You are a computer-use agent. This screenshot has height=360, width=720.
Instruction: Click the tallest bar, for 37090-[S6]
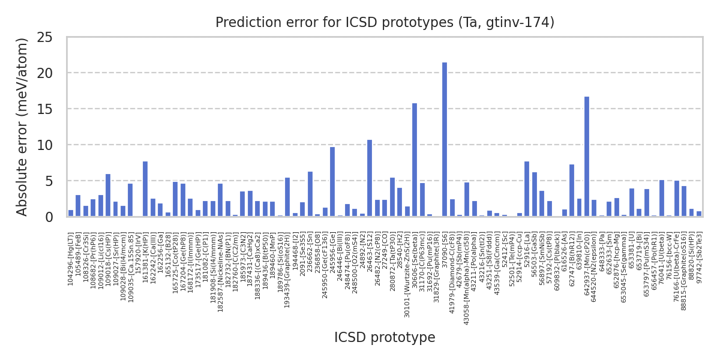coord(445,139)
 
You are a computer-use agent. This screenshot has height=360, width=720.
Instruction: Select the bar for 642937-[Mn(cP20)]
coord(587,157)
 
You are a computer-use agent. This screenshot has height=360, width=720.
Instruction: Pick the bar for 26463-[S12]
coord(370,178)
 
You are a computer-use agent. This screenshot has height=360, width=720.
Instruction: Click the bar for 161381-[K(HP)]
coord(145,189)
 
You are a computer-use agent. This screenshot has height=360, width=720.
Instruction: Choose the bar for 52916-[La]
coord(527,189)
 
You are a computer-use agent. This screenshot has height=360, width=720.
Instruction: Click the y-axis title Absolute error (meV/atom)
coord(22,127)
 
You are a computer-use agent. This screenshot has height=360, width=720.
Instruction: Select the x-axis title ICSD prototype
coord(385,338)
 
